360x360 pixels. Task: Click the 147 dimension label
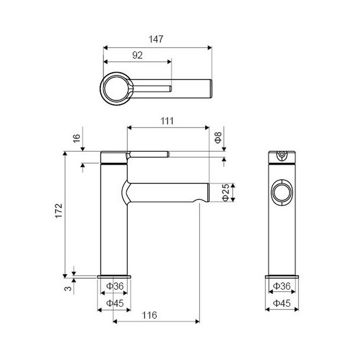click(x=156, y=39)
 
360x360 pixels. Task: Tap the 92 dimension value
click(x=137, y=55)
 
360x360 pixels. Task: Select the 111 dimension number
click(x=167, y=121)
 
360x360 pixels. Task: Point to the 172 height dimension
click(x=59, y=211)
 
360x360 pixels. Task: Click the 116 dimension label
click(x=149, y=315)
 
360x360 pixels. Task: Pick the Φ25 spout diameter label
click(x=226, y=193)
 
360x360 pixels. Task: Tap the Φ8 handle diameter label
click(x=218, y=138)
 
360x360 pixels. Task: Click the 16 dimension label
click(x=76, y=138)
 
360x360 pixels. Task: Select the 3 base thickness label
click(x=68, y=288)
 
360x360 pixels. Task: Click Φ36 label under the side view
click(x=115, y=286)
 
